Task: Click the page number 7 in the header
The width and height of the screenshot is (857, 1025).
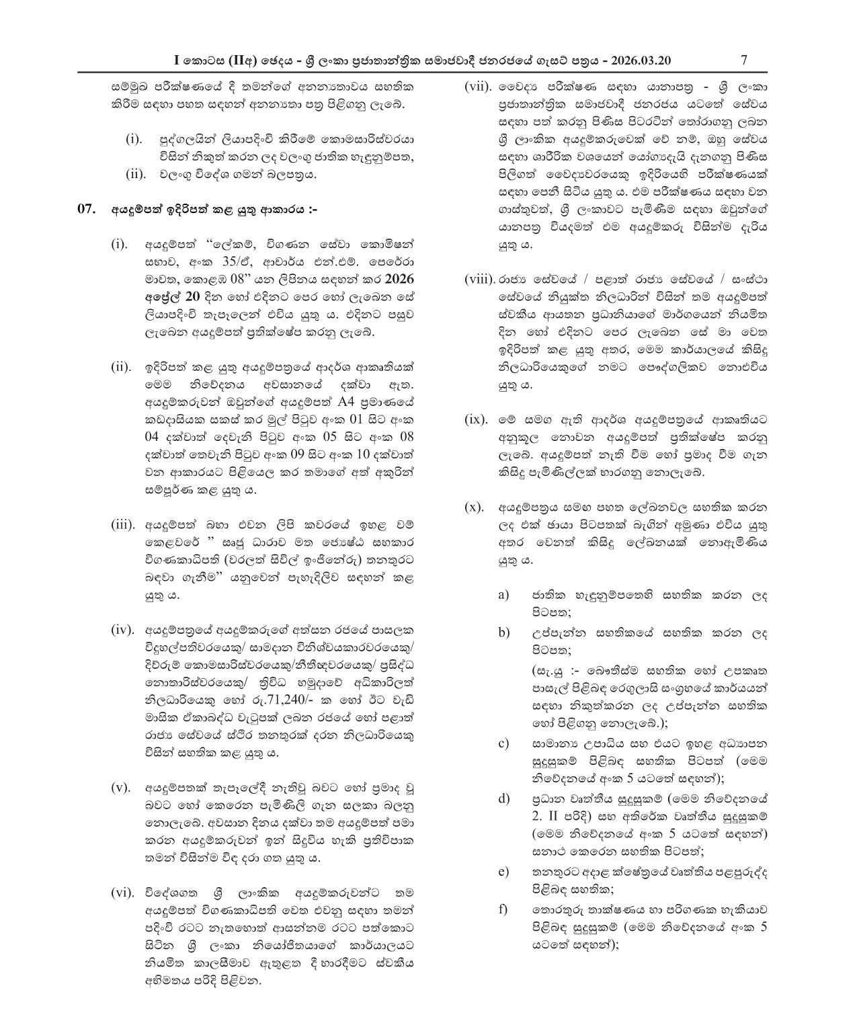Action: click(743, 60)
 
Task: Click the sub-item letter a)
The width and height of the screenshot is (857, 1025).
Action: click(503, 595)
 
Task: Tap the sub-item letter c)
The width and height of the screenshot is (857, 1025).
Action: click(503, 743)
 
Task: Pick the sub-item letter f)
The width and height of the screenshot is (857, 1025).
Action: click(503, 910)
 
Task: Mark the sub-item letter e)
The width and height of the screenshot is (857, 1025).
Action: click(503, 872)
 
